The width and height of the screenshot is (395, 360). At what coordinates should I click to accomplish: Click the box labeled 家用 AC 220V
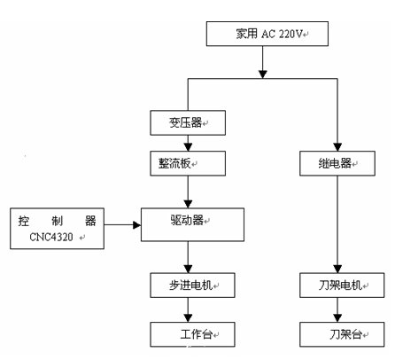pos(267,35)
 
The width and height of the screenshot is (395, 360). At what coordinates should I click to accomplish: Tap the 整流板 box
pos(187,163)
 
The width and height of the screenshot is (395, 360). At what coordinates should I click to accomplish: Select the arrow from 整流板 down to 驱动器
pos(187,191)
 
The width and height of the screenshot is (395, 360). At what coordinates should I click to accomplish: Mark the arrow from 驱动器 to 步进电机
pos(188,258)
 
